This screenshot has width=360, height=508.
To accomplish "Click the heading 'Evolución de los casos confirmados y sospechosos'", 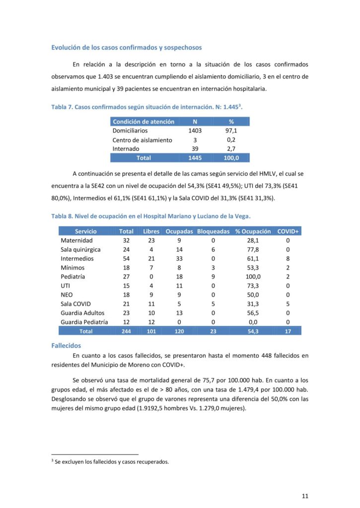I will [127, 48].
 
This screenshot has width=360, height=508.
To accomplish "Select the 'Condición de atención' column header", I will [144, 122].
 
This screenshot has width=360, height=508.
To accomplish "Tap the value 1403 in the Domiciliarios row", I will [195, 131].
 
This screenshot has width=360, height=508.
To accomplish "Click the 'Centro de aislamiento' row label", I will [142, 140].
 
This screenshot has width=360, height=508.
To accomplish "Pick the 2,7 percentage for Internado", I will [231, 149].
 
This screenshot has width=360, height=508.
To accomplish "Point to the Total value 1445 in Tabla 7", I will [195, 158].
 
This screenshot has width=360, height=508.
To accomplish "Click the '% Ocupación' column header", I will [253, 231].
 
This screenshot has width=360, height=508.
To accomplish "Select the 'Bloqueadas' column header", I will [213, 231].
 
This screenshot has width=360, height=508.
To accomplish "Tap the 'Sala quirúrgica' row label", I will [80, 250].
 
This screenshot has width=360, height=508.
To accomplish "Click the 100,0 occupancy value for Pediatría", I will [253, 276].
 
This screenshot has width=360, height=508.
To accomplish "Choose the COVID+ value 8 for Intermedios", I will [288, 258].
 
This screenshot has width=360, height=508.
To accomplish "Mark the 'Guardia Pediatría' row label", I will [84, 321].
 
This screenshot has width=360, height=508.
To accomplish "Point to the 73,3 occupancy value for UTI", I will [253, 286].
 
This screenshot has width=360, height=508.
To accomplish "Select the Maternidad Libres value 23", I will [151, 241].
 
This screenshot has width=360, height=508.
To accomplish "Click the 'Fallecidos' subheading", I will [66, 345].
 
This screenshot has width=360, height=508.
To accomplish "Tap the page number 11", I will [305, 496].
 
